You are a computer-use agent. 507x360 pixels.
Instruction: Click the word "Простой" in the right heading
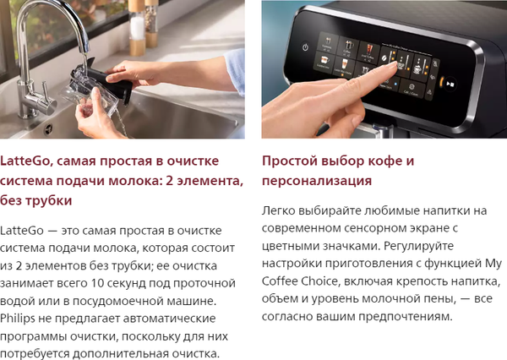(289, 161)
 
